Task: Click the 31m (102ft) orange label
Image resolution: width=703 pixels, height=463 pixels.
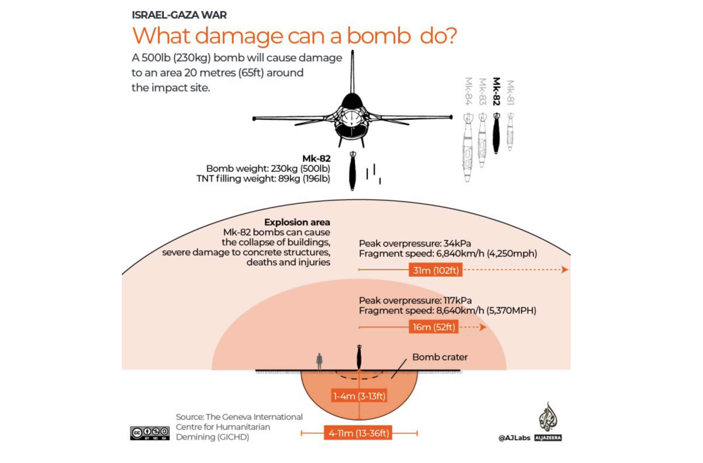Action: (x=435, y=270)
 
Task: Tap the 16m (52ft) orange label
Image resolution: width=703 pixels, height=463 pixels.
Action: (x=434, y=327)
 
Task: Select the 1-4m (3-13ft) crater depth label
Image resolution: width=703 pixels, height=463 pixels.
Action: (x=359, y=396)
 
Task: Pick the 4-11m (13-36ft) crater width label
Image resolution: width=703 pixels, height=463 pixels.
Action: (x=358, y=433)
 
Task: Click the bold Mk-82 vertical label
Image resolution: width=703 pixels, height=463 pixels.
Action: (x=497, y=91)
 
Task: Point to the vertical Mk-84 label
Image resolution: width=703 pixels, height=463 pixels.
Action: (x=468, y=91)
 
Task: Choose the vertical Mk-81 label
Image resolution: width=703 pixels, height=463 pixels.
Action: (x=511, y=92)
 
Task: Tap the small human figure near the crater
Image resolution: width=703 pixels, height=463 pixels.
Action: (x=319, y=361)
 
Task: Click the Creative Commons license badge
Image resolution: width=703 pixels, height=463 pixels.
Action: (x=150, y=433)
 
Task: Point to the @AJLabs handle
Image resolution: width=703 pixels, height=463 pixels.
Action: (x=514, y=438)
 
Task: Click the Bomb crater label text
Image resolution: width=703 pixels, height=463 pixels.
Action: (x=440, y=357)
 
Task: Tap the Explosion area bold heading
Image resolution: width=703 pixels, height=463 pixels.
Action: (x=297, y=222)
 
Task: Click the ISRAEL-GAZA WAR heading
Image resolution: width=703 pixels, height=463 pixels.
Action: (x=179, y=15)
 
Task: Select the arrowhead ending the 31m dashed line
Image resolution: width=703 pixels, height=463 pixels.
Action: (x=565, y=269)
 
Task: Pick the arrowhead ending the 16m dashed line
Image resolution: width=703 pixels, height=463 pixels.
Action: (x=483, y=327)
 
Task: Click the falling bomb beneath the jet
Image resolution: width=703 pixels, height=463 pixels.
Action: (x=352, y=171)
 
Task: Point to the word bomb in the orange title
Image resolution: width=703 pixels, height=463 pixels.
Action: (x=378, y=36)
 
